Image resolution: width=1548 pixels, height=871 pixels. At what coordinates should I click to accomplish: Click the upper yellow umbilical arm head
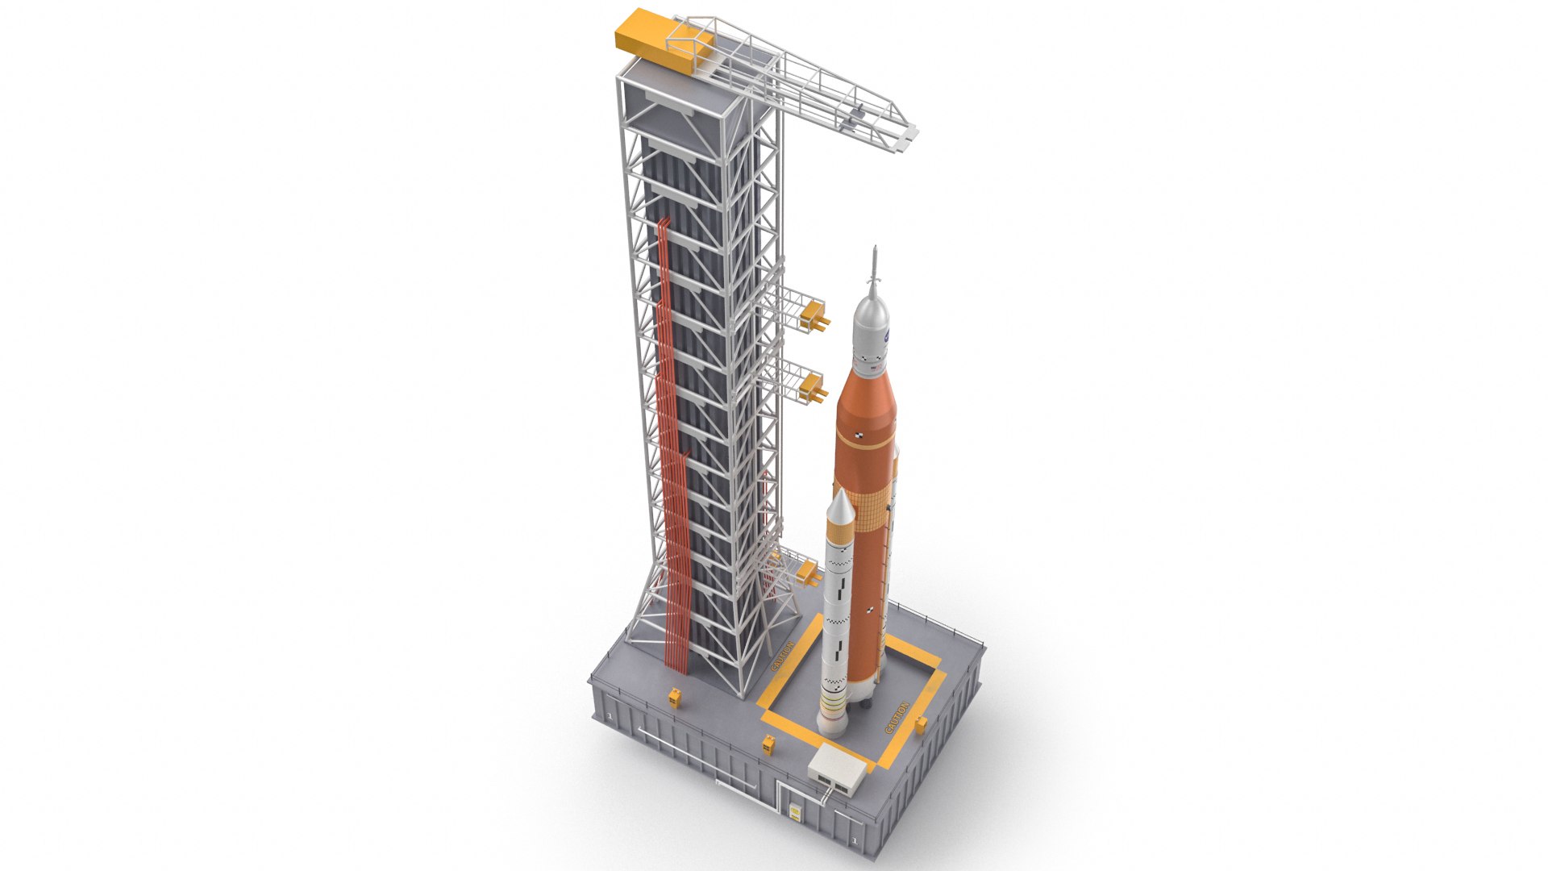pyautogui.click(x=815, y=315)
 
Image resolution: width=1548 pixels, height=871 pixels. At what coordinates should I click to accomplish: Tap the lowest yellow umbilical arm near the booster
pyautogui.click(x=807, y=574)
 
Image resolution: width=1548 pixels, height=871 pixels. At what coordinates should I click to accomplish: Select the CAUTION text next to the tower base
pyautogui.click(x=783, y=656)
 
